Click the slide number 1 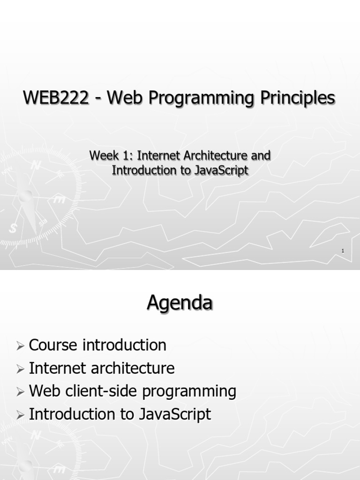[x=343, y=252]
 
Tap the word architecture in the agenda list [x=133, y=368]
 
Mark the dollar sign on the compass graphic [x=13, y=228]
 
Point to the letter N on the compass [x=36, y=165]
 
